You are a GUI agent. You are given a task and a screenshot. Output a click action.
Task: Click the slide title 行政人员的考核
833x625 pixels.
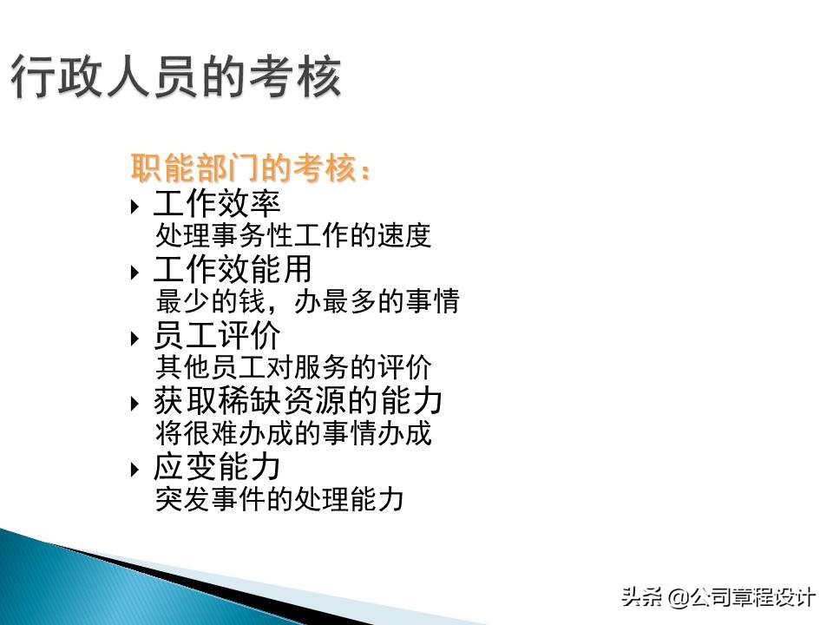[176, 77]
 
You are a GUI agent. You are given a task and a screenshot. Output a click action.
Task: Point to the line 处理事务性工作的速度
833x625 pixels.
[293, 236]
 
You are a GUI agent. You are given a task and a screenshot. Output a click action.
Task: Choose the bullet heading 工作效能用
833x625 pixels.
[233, 270]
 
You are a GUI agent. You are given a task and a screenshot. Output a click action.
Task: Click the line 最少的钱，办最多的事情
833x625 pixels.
[307, 302]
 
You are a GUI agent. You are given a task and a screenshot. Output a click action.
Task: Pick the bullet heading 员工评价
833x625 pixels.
[217, 336]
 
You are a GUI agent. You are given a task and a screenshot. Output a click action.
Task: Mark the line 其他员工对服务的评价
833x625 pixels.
[293, 367]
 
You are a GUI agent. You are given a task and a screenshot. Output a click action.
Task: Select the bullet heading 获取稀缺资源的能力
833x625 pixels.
[298, 401]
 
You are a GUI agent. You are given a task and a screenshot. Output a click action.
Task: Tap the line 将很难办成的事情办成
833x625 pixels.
[293, 433]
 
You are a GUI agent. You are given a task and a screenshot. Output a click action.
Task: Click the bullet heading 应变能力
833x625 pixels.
[217, 467]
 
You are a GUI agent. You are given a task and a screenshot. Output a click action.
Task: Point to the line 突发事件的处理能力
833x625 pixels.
[279, 499]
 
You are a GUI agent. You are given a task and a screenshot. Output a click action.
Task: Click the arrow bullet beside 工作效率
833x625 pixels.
[134, 207]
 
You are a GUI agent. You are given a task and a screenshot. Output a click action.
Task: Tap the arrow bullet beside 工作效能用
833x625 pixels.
[134, 273]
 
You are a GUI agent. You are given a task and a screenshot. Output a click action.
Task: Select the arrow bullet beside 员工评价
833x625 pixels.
[134, 338]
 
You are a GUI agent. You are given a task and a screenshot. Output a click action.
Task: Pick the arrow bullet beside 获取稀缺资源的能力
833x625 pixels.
[134, 404]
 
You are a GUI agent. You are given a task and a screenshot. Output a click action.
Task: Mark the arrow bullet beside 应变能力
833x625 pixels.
[134, 470]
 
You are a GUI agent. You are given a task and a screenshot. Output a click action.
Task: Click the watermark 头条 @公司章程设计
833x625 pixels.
[718, 597]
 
